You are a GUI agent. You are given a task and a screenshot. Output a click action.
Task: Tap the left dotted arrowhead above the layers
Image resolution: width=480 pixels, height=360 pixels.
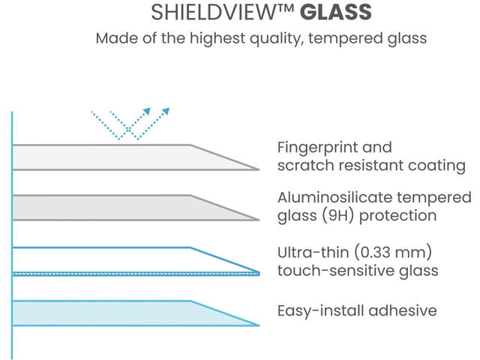tap(147, 111)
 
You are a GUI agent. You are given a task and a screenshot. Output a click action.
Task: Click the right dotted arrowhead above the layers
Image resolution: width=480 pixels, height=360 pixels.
tap(166, 111)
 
